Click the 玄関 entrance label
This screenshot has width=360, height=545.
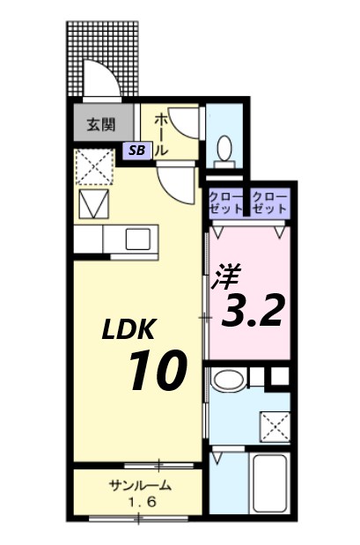tap(101, 123)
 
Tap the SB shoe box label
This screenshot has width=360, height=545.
tap(137, 150)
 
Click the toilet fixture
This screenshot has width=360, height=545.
tap(224, 149)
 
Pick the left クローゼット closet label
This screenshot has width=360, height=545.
tap(227, 203)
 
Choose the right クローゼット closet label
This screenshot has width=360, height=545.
tap(269, 203)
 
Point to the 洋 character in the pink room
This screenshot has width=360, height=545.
tap(221, 277)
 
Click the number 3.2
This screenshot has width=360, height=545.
tap(253, 309)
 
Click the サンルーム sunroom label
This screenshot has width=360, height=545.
tap(140, 486)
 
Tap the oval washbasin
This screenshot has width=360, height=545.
tap(231, 381)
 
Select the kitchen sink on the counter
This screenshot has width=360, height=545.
tap(138, 239)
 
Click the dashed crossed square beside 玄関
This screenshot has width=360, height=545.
tap(92, 164)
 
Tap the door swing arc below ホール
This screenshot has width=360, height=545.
tap(177, 183)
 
